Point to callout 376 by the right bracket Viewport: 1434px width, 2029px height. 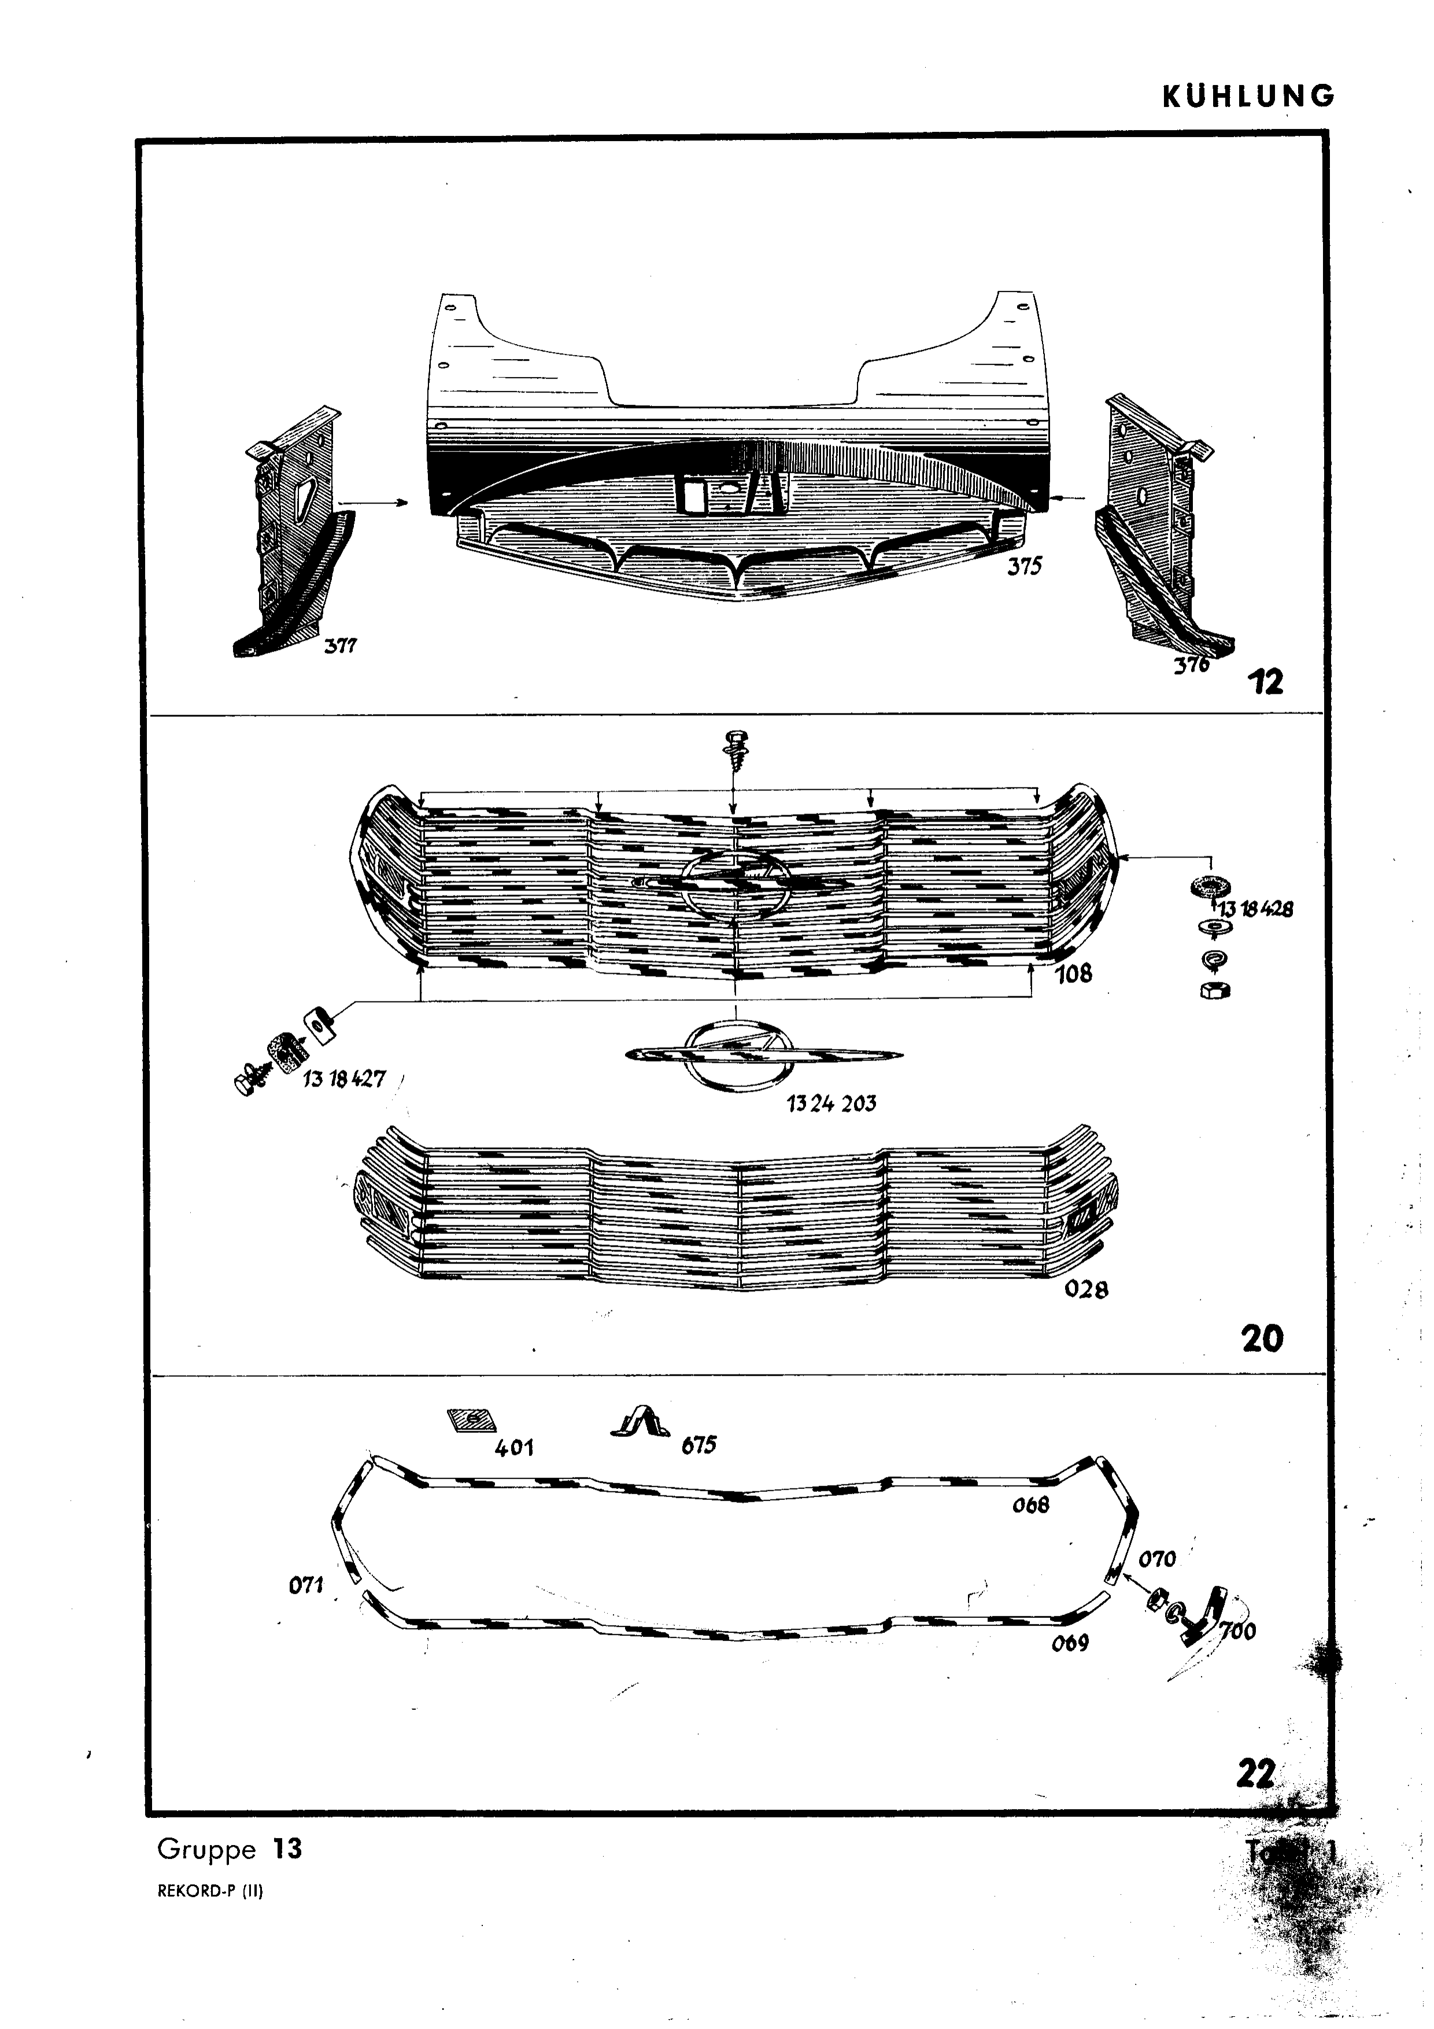(1191, 664)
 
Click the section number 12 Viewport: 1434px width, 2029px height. (1265, 682)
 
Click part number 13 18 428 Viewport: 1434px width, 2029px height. (1255, 908)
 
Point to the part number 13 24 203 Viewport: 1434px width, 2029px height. (831, 1103)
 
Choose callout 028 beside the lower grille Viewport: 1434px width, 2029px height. (1086, 1289)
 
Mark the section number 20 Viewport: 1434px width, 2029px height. (1262, 1339)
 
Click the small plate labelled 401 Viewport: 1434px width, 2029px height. (471, 1420)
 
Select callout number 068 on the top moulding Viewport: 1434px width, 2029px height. (1030, 1504)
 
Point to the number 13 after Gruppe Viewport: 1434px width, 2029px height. (287, 1849)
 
